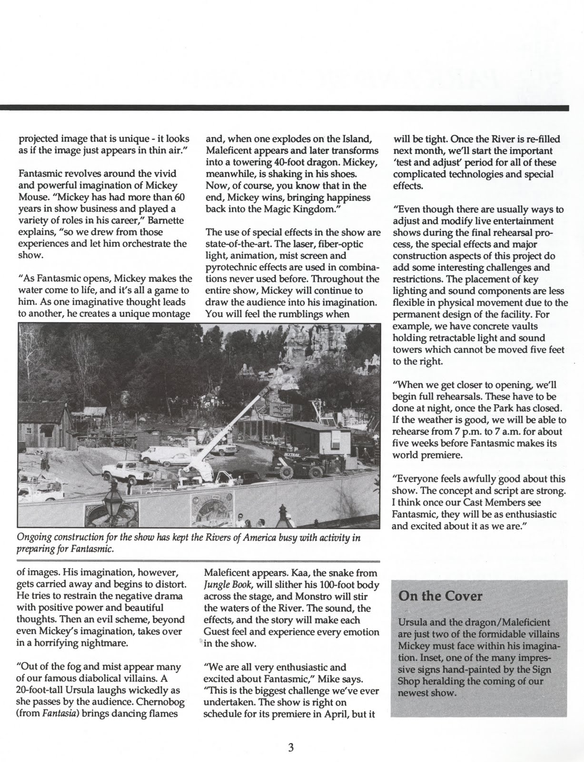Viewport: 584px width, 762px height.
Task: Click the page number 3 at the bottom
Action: [291, 747]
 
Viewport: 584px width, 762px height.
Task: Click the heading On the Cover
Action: [434, 596]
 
